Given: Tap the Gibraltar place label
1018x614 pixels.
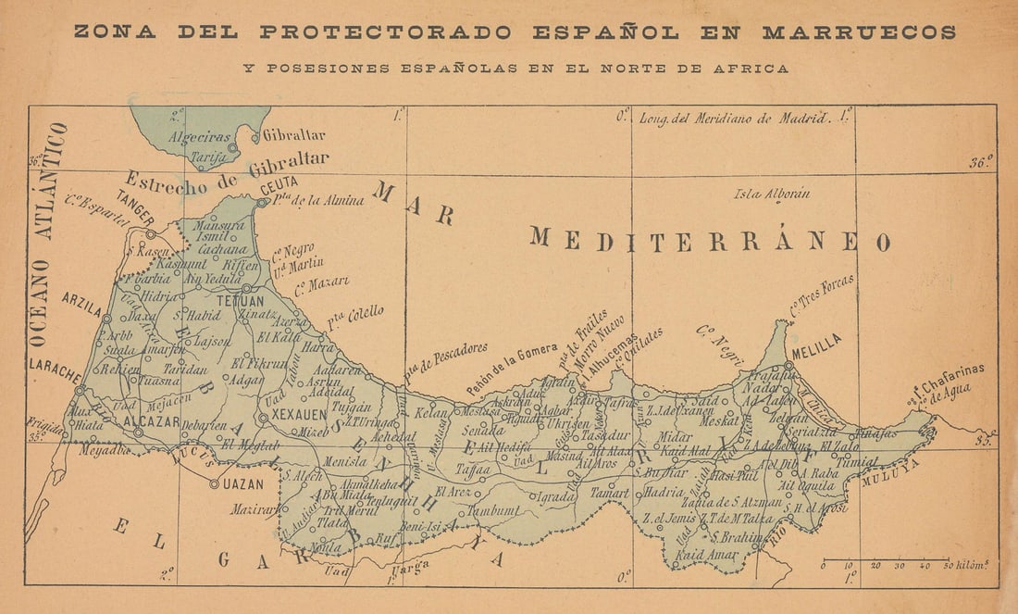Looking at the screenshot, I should point(294,135).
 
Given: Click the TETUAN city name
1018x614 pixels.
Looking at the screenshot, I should point(239,301).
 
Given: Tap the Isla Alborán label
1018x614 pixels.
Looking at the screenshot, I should point(772,194).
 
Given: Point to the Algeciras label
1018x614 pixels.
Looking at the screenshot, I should point(198,137).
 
